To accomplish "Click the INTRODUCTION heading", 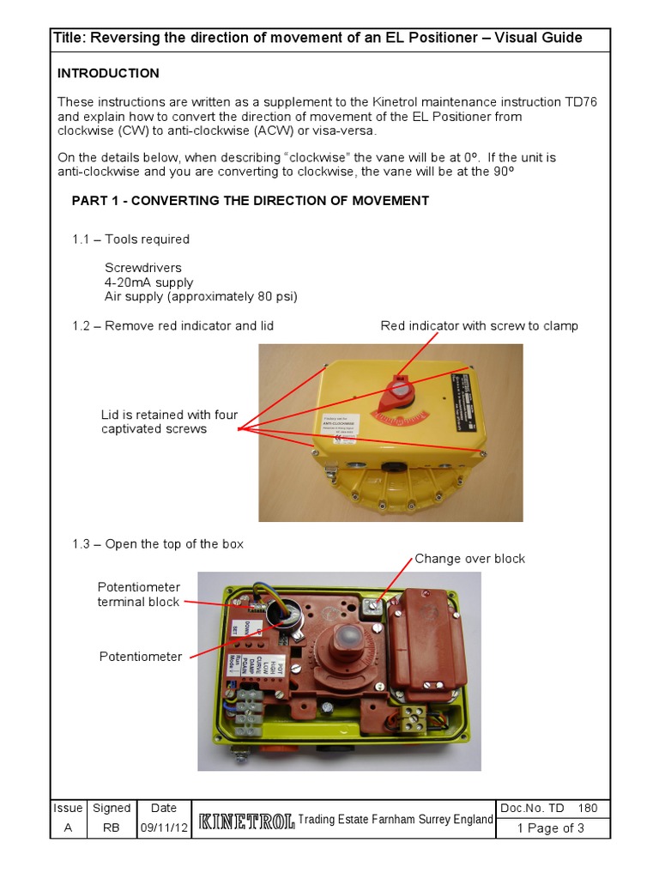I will coord(108,73).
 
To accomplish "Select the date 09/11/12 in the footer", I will coord(163,828).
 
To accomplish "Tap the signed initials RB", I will coord(112,828).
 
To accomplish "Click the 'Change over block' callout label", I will coord(469,559).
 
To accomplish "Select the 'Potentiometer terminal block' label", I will coord(138,595).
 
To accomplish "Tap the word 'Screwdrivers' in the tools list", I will coord(143,268).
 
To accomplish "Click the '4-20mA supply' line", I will coord(148,282).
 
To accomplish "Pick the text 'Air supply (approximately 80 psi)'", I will coord(201,297).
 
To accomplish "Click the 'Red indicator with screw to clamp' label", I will coord(479,325).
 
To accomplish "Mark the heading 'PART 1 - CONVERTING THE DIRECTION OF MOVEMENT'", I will coord(250,201).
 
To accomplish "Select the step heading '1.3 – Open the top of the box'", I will coord(158,544).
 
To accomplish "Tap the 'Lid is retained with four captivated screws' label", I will coord(169,422).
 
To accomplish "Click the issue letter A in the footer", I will coord(68,828).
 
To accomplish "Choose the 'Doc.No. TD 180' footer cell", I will coord(553,808).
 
